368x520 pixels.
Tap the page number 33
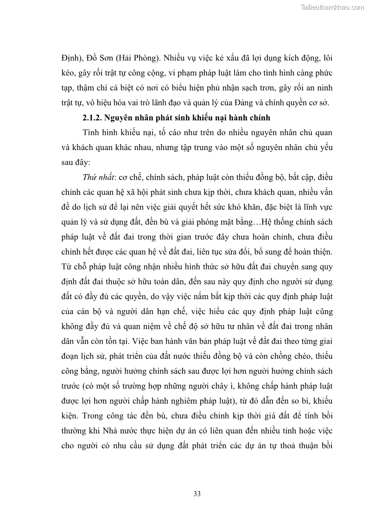(x=197, y=494)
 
